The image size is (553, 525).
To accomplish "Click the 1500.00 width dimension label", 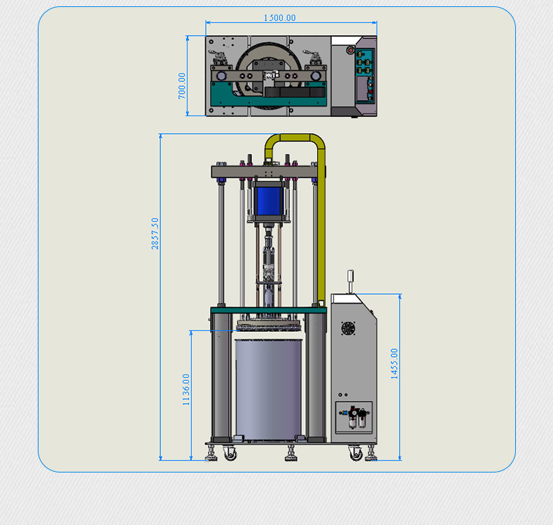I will click(279, 18).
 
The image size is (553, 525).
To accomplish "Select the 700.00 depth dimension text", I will click(183, 85).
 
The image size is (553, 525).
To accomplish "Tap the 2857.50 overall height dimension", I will click(155, 233).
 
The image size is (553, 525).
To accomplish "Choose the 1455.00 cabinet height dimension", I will click(394, 363).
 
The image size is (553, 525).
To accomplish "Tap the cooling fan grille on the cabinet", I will click(348, 329).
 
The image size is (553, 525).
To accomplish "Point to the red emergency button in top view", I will click(350, 49).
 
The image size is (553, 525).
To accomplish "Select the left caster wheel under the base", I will click(230, 454).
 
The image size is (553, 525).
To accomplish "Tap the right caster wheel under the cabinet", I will click(356, 454).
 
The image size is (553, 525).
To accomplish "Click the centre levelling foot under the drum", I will click(290, 456).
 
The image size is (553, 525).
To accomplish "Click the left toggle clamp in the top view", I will click(219, 59).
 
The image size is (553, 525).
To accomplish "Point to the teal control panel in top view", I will click(365, 76).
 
